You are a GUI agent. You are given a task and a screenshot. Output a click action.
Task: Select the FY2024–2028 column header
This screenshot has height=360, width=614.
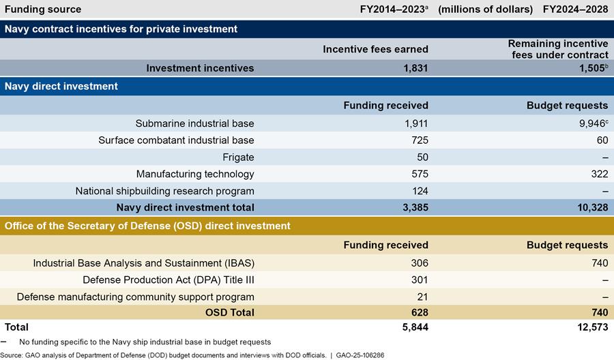[x=575, y=10]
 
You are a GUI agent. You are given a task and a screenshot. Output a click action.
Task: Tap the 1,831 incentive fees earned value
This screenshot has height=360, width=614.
[x=414, y=68]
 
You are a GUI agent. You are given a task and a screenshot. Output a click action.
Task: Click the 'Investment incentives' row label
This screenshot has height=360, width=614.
[x=201, y=68]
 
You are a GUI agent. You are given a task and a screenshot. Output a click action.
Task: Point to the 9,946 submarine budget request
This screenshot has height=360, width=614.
[x=589, y=123]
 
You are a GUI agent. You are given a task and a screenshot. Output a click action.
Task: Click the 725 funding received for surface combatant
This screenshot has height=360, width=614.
[x=419, y=140]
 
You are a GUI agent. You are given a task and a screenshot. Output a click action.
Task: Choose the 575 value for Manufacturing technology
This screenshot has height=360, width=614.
[x=419, y=174]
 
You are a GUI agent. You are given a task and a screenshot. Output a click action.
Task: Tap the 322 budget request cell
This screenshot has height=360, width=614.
[x=598, y=174]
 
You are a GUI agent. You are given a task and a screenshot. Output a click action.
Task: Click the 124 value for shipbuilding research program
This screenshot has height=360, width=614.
[x=419, y=191]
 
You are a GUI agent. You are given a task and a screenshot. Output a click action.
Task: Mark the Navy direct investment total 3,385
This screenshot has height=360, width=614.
[x=414, y=207]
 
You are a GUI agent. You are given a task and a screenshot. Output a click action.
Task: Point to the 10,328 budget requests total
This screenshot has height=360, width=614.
[x=589, y=207]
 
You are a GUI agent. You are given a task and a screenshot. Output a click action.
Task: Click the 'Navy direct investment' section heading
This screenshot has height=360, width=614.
[x=61, y=87]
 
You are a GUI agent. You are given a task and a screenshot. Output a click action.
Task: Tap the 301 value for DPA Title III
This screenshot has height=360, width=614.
[x=419, y=280]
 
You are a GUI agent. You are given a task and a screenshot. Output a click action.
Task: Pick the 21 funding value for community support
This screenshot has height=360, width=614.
[x=422, y=297]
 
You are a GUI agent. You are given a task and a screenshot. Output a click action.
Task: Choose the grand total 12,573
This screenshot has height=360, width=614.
[x=589, y=328]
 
